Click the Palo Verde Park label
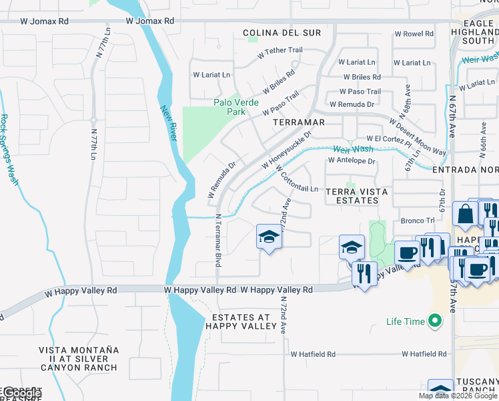pos(236,107)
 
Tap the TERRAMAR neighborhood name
pos(299,123)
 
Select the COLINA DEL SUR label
pos(282,33)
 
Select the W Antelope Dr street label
pos(352,161)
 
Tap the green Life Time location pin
pos(436,321)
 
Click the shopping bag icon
pos(464,215)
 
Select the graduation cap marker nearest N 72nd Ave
pos(269,238)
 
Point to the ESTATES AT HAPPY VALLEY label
pos(241,321)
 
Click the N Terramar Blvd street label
pos(218,241)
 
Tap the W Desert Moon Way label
pos(418,137)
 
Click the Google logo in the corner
pos(21,393)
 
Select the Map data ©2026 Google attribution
pos(457,396)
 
